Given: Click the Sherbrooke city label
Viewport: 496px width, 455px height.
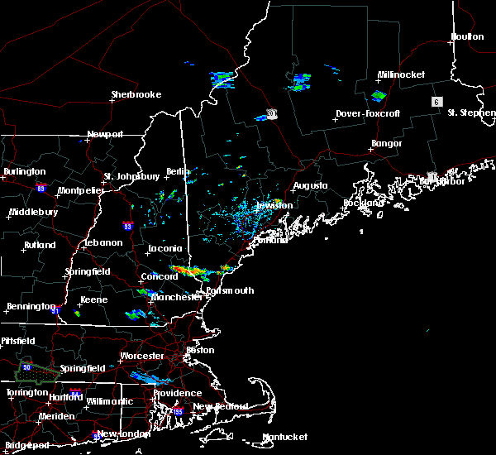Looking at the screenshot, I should pyautogui.click(x=136, y=95).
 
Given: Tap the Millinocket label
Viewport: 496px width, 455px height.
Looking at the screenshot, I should pyautogui.click(x=401, y=75).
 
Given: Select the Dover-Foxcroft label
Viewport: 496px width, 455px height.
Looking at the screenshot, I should pyautogui.click(x=368, y=114).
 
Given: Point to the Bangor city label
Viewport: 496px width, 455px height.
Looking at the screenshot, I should pyautogui.click(x=386, y=144).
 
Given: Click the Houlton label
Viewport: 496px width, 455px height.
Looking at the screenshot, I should pyautogui.click(x=466, y=36).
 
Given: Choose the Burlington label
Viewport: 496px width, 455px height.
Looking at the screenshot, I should pyautogui.click(x=25, y=171).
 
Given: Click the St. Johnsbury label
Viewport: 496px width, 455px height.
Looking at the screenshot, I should pyautogui.click(x=131, y=176).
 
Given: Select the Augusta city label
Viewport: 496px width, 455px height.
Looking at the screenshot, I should pyautogui.click(x=310, y=186).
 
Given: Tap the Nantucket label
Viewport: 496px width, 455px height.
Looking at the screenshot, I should pyautogui.click(x=284, y=437).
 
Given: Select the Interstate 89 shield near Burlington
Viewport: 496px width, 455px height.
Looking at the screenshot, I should pyautogui.click(x=41, y=188).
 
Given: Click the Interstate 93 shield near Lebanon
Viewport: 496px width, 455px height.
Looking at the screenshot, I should pyautogui.click(x=126, y=225).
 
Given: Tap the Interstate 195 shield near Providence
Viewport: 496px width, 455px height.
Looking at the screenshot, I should pyautogui.click(x=178, y=411).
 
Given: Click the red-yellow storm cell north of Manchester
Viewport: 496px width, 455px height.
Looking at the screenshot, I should pyautogui.click(x=191, y=271).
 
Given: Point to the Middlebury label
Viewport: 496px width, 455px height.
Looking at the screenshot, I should pyautogui.click(x=32, y=212).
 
